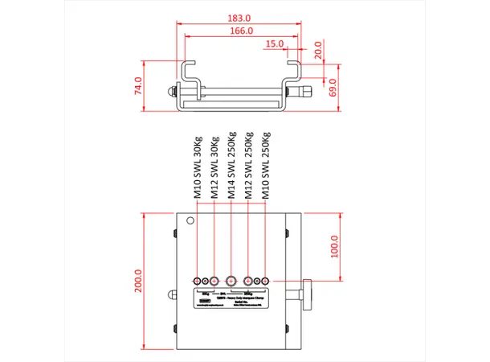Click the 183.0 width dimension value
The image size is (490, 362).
[239, 17]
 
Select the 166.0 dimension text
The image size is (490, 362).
[239, 31]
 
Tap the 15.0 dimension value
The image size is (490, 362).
[275, 43]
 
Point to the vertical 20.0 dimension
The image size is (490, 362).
[318, 50]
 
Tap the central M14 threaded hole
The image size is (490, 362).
[232, 280]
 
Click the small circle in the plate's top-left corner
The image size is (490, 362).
[190, 221]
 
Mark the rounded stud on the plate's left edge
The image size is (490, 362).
[171, 294]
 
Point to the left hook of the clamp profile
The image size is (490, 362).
[186, 72]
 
